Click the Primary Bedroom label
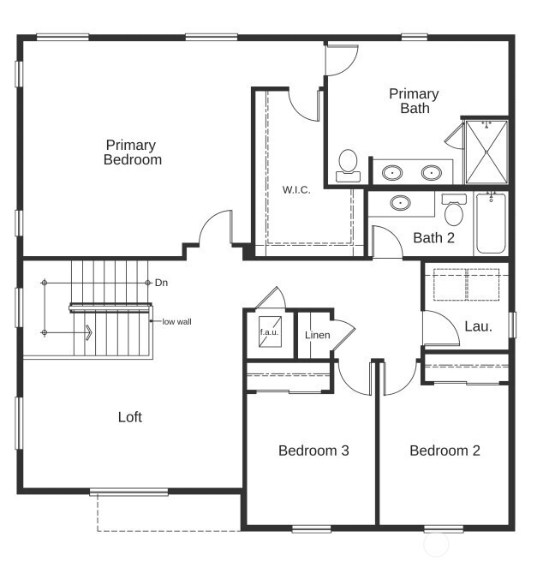click(133, 152)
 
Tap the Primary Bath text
click(414, 101)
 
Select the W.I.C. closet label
click(296, 189)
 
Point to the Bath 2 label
click(433, 237)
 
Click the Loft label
click(129, 417)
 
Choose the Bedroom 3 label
click(313, 451)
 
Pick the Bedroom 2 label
click(445, 451)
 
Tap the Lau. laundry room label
click(477, 326)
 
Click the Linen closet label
click(317, 335)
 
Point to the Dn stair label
click(161, 283)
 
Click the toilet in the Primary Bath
click(348, 164)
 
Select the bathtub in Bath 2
click(491, 223)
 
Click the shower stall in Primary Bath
click(486, 152)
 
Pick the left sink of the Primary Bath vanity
click(393, 172)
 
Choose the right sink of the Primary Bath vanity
click(430, 172)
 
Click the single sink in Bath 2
click(400, 203)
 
